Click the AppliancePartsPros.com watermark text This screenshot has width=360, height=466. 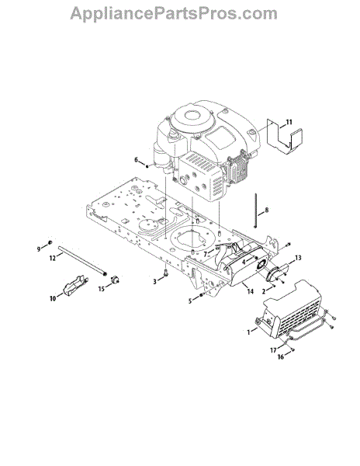coord(174,14)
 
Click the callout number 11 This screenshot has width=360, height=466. coord(289,122)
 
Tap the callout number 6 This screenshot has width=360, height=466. coord(137,160)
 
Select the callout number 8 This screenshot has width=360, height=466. coord(267,210)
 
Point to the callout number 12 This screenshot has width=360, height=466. coord(53,259)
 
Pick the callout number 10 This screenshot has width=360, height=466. coord(53,298)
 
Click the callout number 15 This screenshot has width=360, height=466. coord(102,289)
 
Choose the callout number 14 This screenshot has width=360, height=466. coord(250,291)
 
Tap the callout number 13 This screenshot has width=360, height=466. coord(298,258)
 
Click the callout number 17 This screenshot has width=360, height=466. coord(273,350)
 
